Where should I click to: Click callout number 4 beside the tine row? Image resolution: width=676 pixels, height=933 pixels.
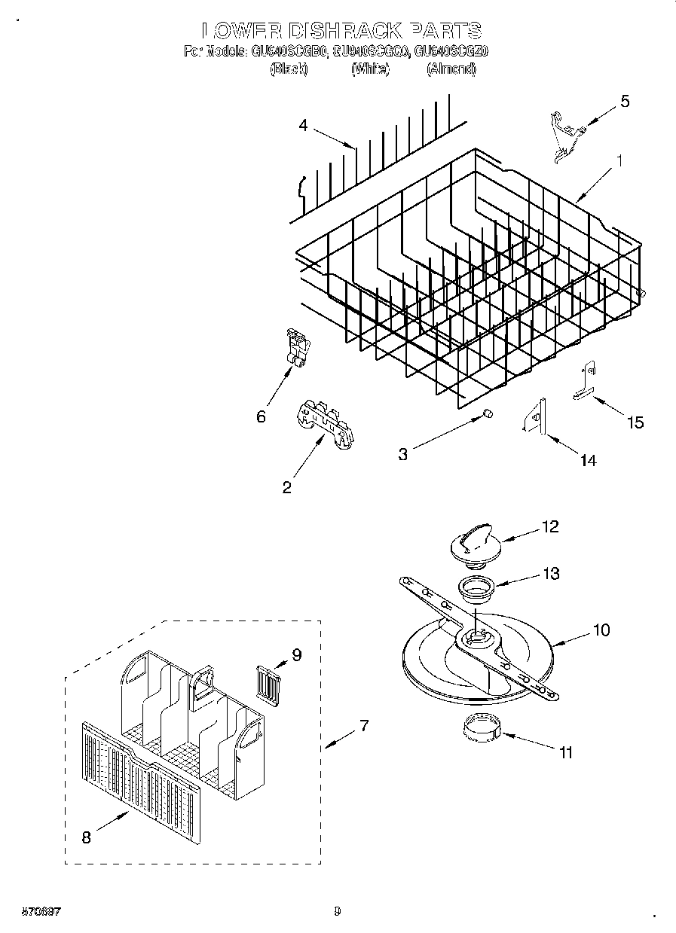click(303, 126)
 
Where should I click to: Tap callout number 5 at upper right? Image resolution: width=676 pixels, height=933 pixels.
click(625, 102)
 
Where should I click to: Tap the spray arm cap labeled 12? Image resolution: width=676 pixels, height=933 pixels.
click(470, 544)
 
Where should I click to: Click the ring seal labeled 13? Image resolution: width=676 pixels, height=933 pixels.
click(474, 587)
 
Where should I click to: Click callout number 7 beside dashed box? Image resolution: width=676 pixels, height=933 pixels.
click(363, 726)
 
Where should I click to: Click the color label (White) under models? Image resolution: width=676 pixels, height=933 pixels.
click(370, 69)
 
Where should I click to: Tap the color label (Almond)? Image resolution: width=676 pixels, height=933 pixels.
click(451, 69)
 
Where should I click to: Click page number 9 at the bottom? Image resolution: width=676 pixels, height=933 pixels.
click(337, 912)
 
